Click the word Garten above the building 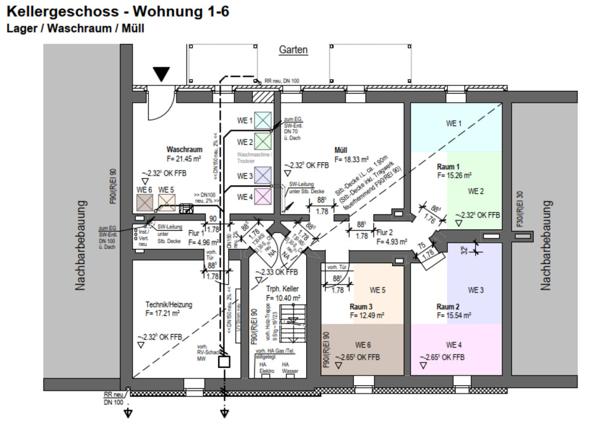[293, 50]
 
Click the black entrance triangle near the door [161, 75]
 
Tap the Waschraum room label [184, 149]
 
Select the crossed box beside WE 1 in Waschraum [263, 120]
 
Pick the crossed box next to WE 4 [263, 197]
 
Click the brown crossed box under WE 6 [145, 202]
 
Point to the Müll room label [341, 150]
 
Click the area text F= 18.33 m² [352, 159]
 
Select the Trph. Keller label [282, 289]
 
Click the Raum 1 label [448, 166]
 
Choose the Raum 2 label [448, 306]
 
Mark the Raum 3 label [361, 306]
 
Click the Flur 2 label [385, 232]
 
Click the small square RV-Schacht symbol [224, 362]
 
